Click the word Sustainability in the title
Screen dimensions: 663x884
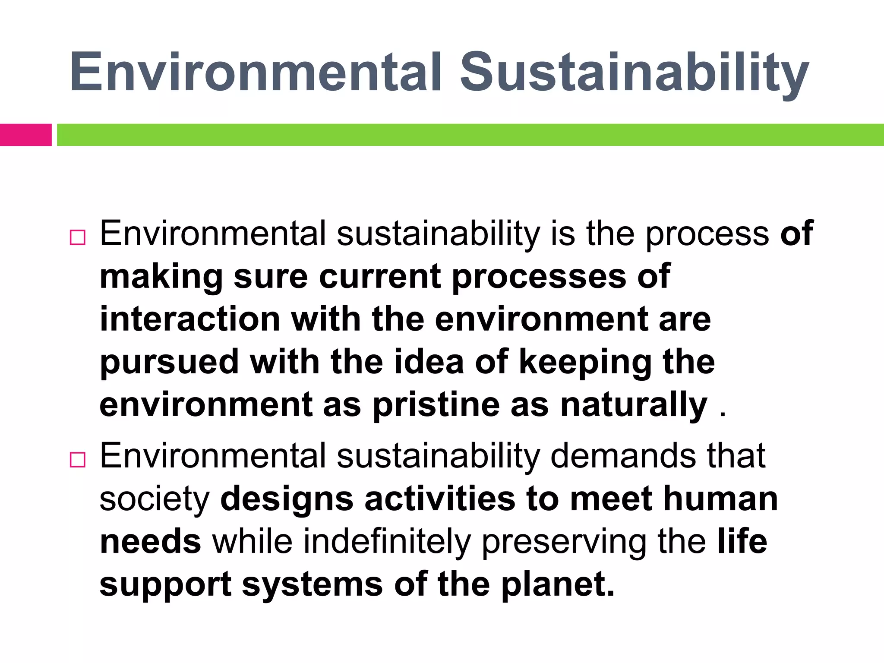point(634,73)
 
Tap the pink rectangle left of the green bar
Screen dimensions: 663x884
point(25,135)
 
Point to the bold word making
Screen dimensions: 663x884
point(161,277)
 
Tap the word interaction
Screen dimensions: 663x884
point(190,319)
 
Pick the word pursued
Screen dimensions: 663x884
point(169,363)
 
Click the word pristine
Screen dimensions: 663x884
point(436,405)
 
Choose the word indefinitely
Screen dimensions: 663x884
point(387,542)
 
